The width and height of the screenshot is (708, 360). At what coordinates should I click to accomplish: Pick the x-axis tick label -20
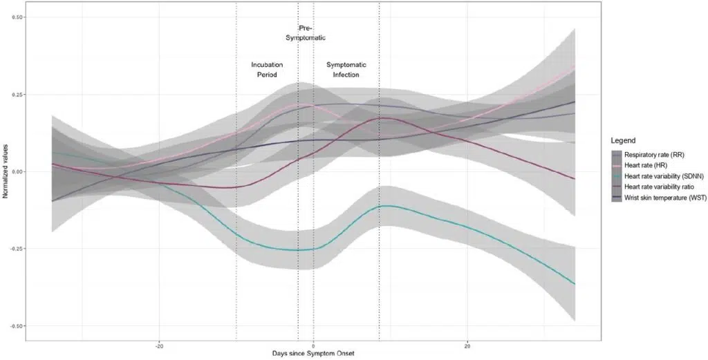(x=159, y=345)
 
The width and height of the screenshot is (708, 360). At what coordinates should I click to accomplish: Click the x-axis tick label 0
(x=313, y=345)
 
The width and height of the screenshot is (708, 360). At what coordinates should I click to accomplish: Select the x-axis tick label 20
(x=467, y=345)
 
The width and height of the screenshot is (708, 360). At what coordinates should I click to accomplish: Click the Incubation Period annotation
(x=267, y=69)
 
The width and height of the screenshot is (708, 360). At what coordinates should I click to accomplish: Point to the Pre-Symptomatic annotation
(x=305, y=32)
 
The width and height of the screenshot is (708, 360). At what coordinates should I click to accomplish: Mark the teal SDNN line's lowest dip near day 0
(x=299, y=250)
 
